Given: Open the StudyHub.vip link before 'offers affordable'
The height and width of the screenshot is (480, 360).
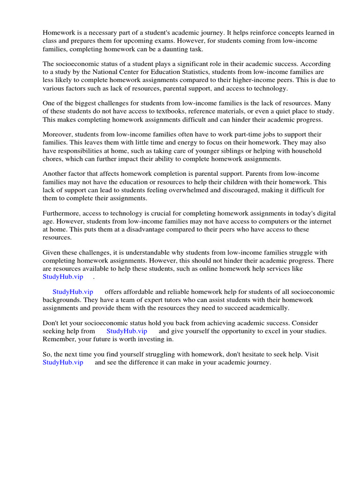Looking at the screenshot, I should pyautogui.click(x=73, y=292).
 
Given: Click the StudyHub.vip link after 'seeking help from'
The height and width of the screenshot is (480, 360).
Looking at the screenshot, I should pyautogui.click(x=127, y=331).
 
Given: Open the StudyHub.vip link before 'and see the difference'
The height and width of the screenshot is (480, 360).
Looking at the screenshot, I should pyautogui.click(x=63, y=362).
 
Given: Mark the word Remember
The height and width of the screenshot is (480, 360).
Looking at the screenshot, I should pyautogui.click(x=61, y=339).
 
